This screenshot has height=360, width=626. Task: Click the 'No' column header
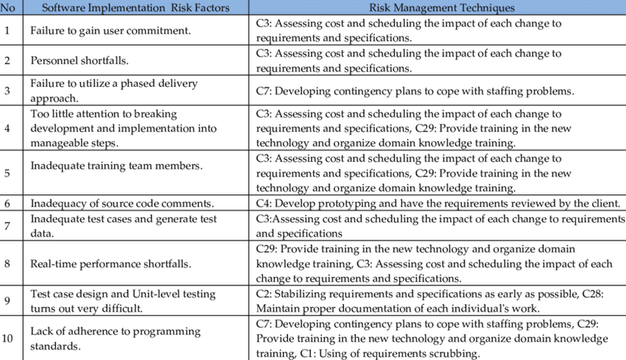click(8, 8)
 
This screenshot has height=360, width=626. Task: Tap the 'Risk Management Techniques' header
click(442, 8)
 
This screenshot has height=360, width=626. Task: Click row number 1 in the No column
click(8, 31)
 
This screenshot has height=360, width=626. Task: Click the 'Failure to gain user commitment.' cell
click(110, 31)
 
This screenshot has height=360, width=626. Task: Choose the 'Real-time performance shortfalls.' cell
click(110, 264)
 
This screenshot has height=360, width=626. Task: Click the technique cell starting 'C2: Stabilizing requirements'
click(438, 300)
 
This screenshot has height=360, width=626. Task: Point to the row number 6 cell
click(8, 203)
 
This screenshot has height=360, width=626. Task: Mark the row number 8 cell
click(8, 264)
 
